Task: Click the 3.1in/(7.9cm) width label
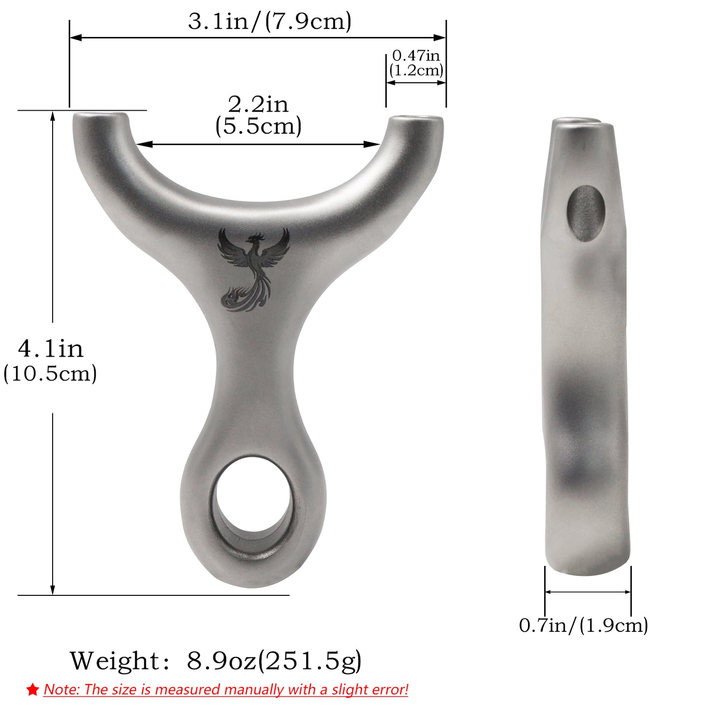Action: coord(270,22)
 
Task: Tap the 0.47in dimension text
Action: coord(416,56)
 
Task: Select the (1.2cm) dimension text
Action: coord(416,70)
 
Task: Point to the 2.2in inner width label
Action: coord(258,104)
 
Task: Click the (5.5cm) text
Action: coord(258,126)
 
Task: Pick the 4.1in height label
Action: coord(51,349)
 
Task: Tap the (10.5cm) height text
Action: coord(50,373)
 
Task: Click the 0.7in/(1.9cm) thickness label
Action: coord(584,625)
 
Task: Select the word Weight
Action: coord(115,661)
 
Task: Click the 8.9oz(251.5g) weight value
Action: coord(274,661)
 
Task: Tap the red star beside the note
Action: coord(32,690)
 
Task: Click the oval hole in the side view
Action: coord(586,213)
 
